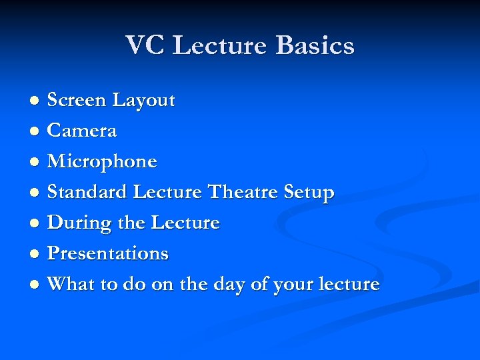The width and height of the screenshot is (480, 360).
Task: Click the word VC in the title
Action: pyautogui.click(x=145, y=46)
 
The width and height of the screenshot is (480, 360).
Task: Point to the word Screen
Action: pyautogui.click(x=77, y=101)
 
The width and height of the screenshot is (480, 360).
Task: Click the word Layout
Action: pyautogui.click(x=143, y=101)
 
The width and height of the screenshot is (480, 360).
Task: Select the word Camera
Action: pyautogui.click(x=82, y=131)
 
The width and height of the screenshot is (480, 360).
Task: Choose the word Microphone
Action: pyautogui.click(x=102, y=162)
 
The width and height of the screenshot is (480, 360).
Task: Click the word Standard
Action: pyautogui.click(x=87, y=193)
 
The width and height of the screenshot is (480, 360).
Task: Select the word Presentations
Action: pyautogui.click(x=108, y=254)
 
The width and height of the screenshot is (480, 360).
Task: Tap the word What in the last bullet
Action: pyautogui.click(x=71, y=285)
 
